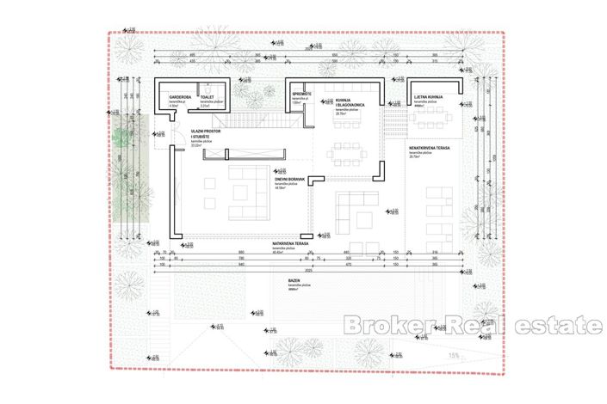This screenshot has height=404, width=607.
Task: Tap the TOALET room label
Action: [x=207, y=98]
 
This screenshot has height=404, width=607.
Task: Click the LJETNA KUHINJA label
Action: [x=428, y=98]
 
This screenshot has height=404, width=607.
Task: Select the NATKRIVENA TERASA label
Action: [x=288, y=244]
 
